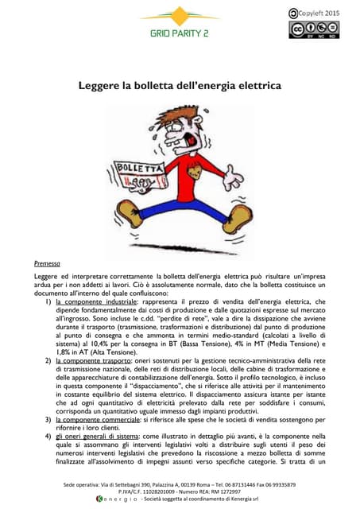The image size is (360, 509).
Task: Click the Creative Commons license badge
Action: pyautogui.click(x=312, y=30)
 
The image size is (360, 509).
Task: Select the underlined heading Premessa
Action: pyautogui.click(x=47, y=263)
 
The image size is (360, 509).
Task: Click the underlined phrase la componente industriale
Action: pyautogui.click(x=97, y=302)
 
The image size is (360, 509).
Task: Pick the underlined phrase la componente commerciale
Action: pyautogui.click(x=99, y=418)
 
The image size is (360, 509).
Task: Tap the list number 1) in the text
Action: pyautogui.click(x=48, y=302)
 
